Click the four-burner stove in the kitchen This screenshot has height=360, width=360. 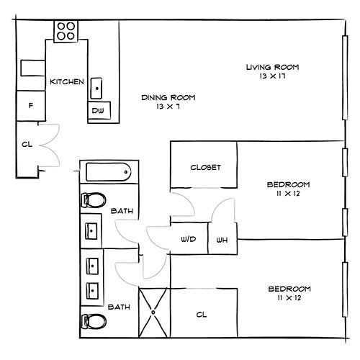click(66, 32)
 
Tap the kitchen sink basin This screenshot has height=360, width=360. click(96, 88)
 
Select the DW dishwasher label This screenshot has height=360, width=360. click(98, 111)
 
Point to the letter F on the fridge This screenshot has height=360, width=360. click(31, 105)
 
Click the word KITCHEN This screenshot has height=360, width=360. click(67, 81)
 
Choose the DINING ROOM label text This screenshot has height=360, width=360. click(168, 97)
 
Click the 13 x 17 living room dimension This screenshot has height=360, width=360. click(272, 76)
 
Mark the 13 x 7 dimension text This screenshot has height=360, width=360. click(168, 107)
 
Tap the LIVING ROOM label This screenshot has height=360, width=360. click(273, 67)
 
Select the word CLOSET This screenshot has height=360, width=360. click(205, 167)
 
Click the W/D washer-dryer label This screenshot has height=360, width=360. click(189, 239)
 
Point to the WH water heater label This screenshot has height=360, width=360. click(222, 240)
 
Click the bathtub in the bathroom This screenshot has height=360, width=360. click(109, 172)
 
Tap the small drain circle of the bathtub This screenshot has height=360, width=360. click(126, 172)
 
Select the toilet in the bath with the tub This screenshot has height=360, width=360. click(94, 199)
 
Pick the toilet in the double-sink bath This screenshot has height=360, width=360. click(94, 321)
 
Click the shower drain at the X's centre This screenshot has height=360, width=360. click(153, 312)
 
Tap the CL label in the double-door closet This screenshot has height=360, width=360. click(27, 145)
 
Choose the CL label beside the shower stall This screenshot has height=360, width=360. click(202, 315)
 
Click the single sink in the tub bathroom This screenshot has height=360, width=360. click(91, 231)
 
